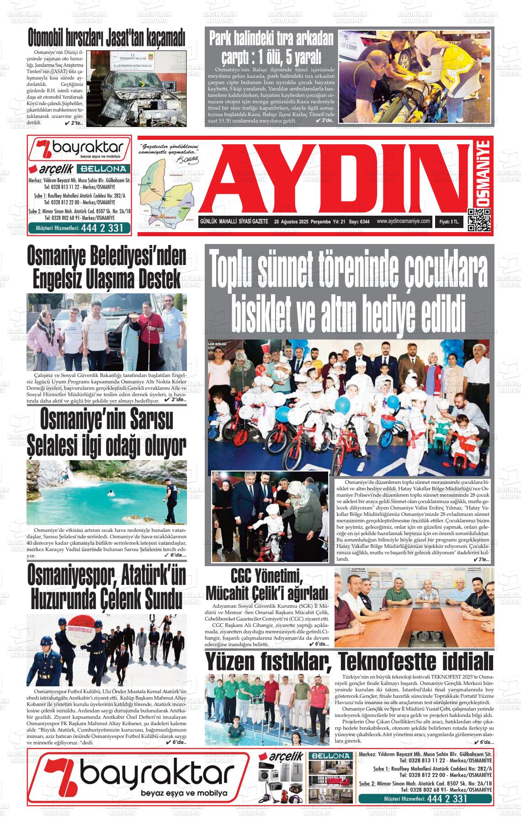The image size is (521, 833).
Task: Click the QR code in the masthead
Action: click(x=479, y=220)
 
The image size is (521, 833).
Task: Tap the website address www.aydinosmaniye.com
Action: click(x=404, y=221)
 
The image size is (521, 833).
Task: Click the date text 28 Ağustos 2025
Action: click(x=291, y=222)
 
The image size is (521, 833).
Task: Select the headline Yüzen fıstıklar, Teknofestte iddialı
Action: click(x=349, y=662)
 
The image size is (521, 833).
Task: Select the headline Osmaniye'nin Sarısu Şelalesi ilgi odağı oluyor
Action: click(x=106, y=431)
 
